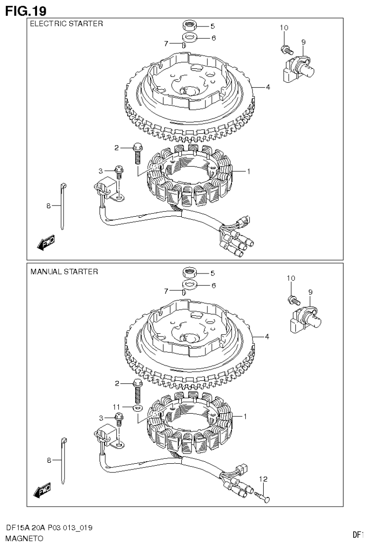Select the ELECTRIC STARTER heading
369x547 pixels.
[x=66, y=24]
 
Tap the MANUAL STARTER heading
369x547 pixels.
[x=64, y=272]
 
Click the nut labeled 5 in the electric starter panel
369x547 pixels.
[x=189, y=26]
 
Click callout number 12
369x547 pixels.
[x=263, y=479]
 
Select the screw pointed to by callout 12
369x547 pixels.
[x=263, y=494]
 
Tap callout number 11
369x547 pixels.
[x=116, y=407]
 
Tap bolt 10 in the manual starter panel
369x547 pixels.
[x=293, y=300]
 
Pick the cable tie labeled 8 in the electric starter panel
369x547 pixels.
[x=63, y=206]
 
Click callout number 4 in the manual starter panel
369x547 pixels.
[x=267, y=336]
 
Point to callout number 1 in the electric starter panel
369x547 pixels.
[x=248, y=171]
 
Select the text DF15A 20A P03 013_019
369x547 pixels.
[x=49, y=528]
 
